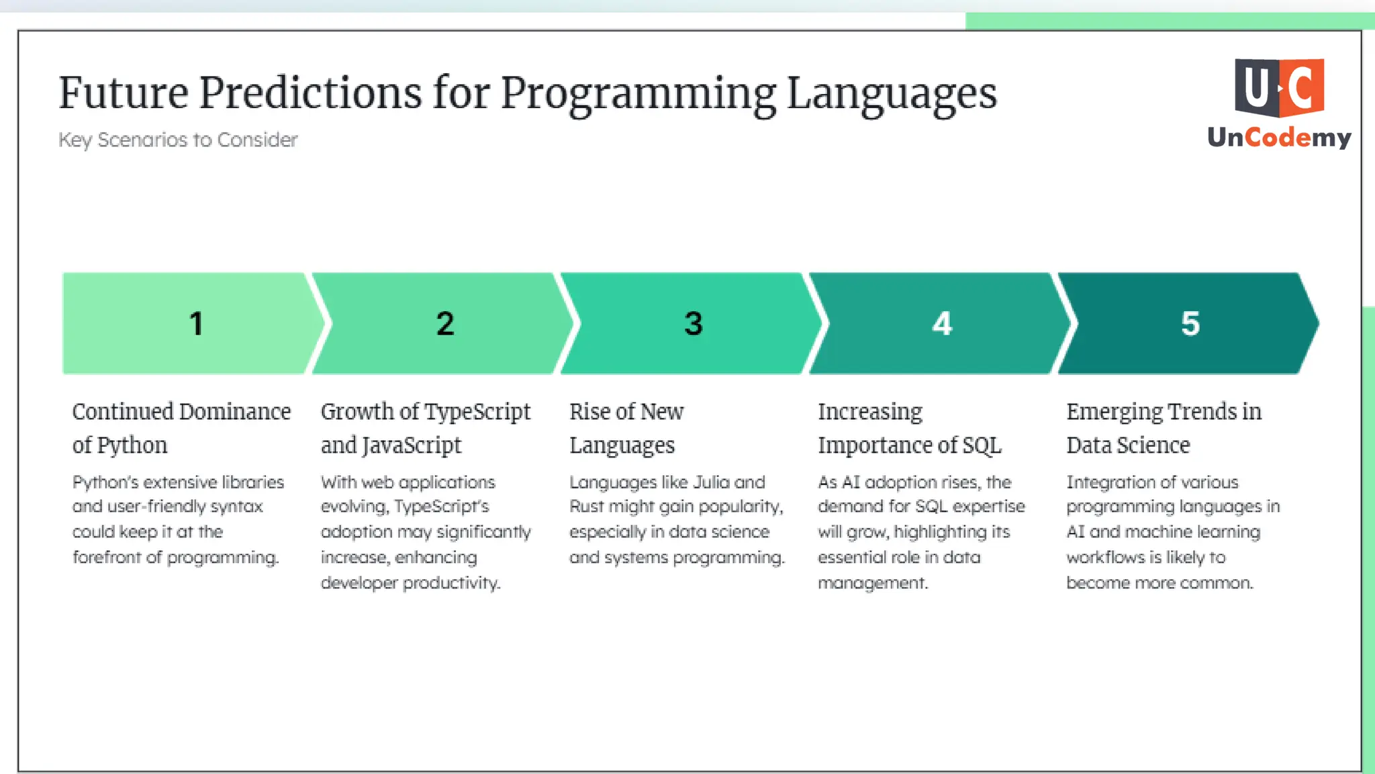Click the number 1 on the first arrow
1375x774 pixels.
(x=196, y=324)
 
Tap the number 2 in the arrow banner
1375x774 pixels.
(x=445, y=324)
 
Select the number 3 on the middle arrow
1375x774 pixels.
(x=694, y=324)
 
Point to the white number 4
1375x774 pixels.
(x=942, y=324)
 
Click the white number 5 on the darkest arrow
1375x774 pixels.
(x=1190, y=324)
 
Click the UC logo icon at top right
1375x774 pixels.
(x=1279, y=87)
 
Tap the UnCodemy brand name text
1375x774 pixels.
(x=1279, y=138)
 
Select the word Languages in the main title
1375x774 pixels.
(x=892, y=94)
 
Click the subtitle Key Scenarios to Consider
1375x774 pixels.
(x=178, y=140)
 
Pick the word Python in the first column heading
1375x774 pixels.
(x=132, y=445)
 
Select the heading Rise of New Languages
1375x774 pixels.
(x=626, y=428)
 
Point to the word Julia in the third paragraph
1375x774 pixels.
(x=711, y=482)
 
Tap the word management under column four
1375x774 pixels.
(x=872, y=583)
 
